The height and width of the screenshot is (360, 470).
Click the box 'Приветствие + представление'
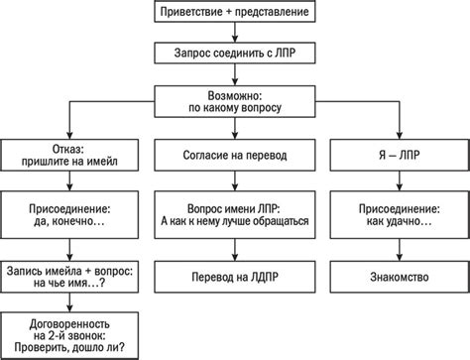click(235, 12)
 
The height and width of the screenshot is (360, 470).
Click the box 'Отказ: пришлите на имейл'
click(70, 156)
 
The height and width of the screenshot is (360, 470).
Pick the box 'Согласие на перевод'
click(235, 156)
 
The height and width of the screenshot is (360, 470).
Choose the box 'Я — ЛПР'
click(400, 156)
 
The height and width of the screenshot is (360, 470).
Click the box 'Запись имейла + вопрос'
click(70, 275)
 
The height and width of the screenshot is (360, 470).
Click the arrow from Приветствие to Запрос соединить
click(235, 33)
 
